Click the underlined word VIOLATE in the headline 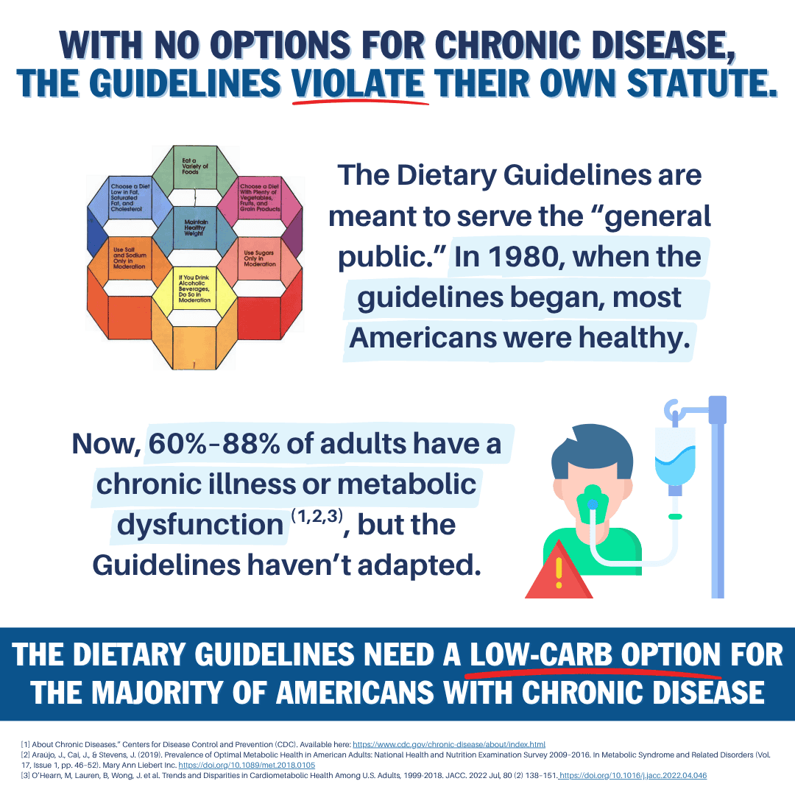pos(360,82)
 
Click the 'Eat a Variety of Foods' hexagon pos(195,166)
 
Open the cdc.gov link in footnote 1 pos(449,744)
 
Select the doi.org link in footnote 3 pos(633,775)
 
